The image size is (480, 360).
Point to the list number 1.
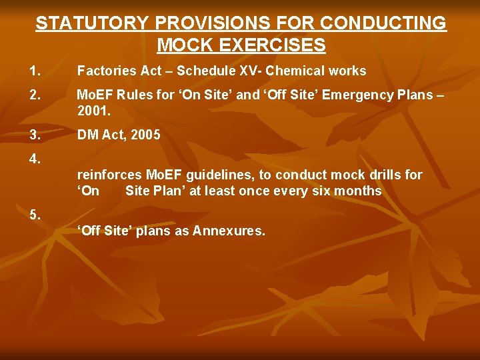coord(35,71)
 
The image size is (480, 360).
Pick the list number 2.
coord(35,95)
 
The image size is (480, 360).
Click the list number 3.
coord(35,135)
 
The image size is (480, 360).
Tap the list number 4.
coord(35,159)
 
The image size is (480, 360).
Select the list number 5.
coord(35,215)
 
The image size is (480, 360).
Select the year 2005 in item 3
coord(146,135)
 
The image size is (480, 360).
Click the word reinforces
coord(107,175)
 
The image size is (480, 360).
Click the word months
coord(359,191)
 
